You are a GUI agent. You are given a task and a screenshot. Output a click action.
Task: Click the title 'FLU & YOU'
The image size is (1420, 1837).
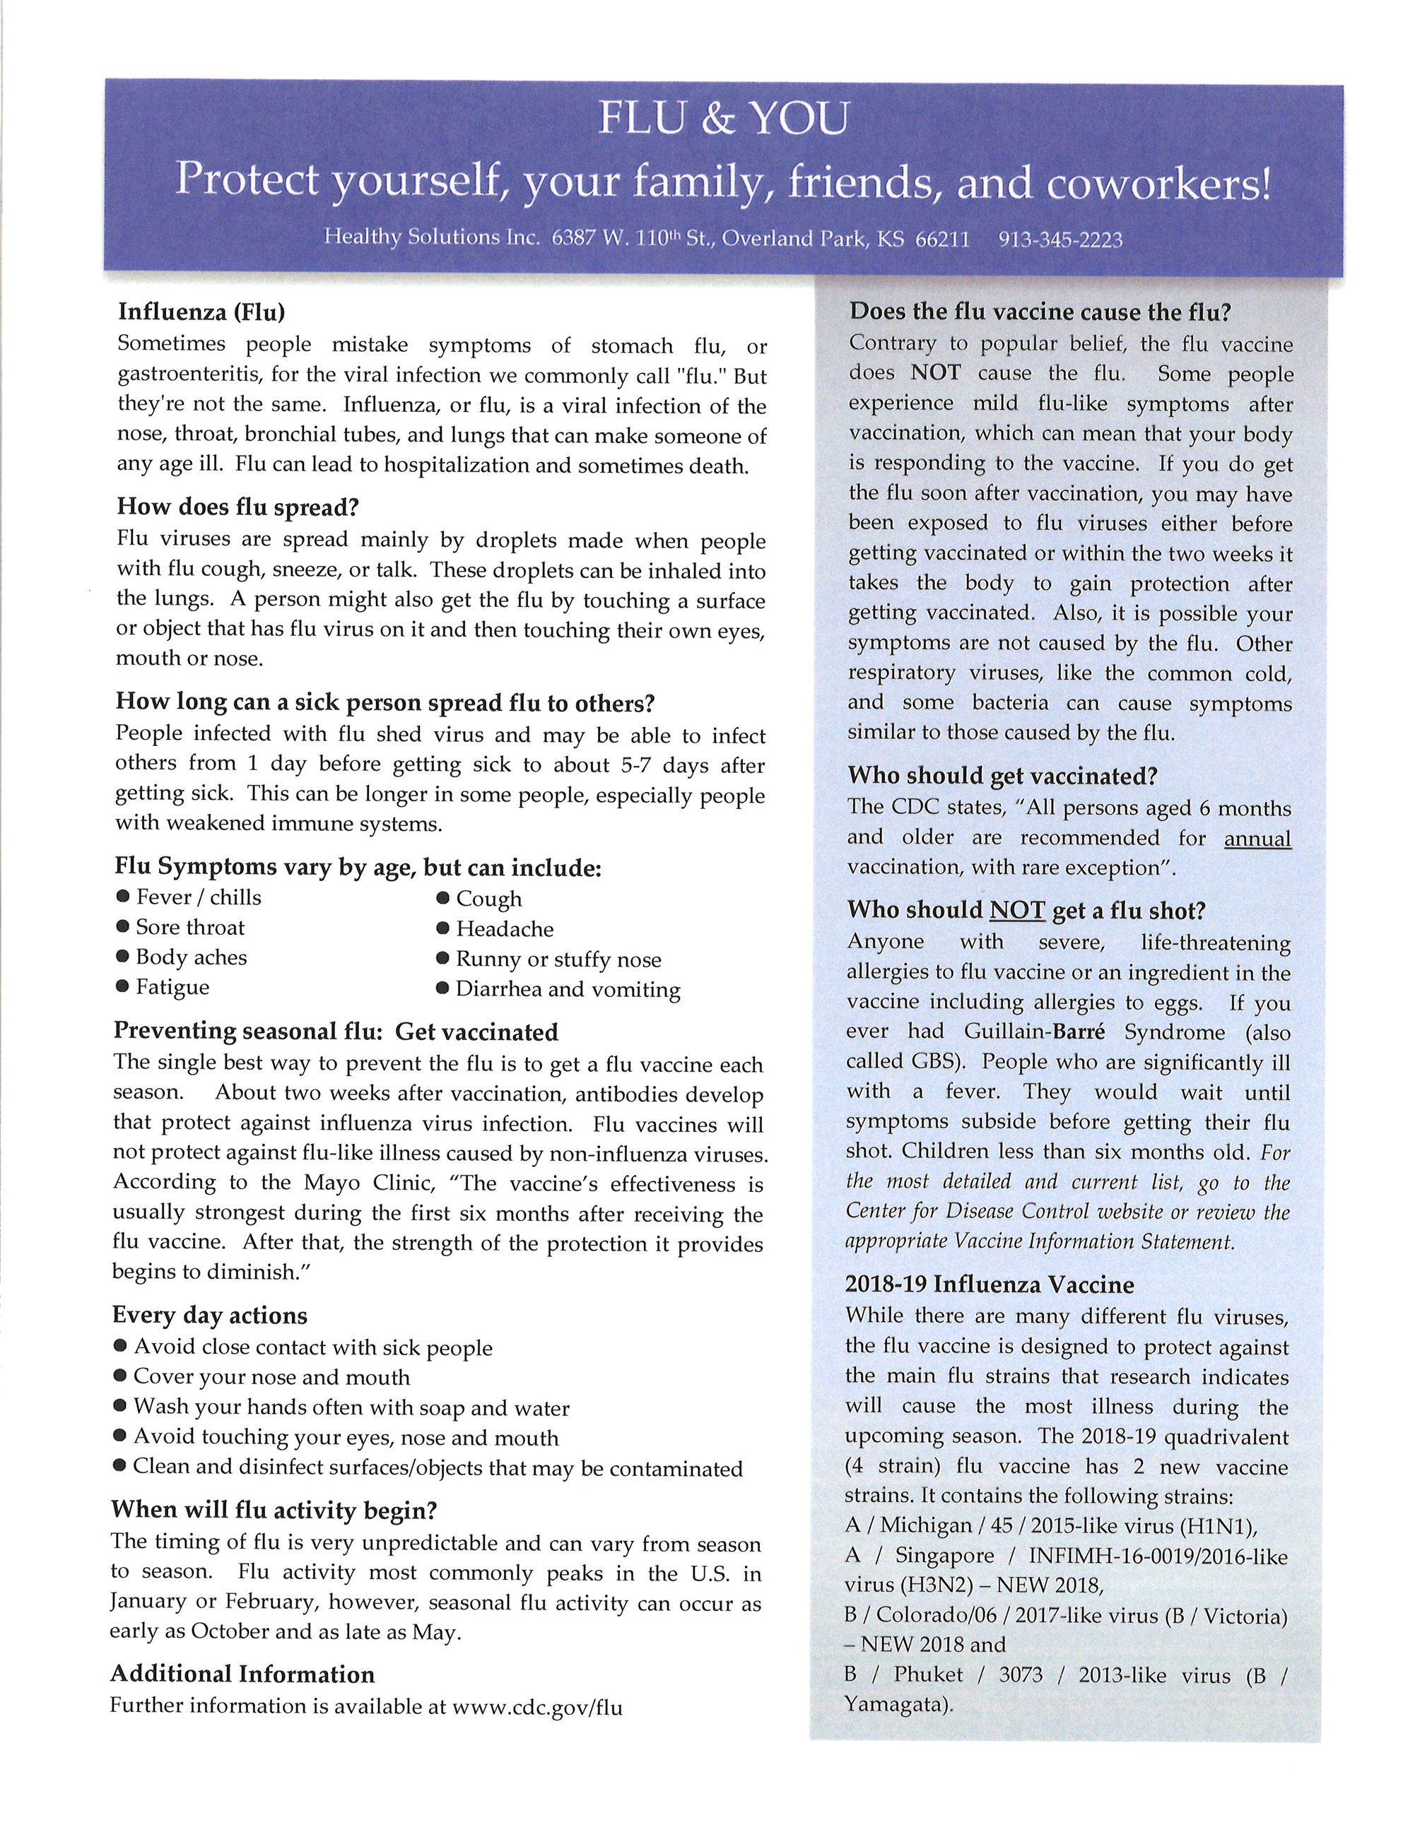point(722,119)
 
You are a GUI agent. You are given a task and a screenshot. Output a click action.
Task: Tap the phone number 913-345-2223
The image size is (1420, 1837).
point(1060,240)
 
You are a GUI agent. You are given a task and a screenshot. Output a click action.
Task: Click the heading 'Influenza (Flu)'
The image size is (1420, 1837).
point(201,312)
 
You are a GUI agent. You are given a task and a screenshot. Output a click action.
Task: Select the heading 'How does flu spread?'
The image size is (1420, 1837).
point(238,507)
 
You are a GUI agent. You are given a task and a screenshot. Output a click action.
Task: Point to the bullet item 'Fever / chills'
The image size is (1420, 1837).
point(199,897)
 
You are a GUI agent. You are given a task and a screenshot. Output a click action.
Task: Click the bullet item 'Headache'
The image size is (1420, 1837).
point(505,928)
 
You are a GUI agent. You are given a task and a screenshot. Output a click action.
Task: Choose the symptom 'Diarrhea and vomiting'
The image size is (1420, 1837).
point(568,989)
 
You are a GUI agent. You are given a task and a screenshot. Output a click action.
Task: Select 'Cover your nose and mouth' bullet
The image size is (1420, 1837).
point(271,1377)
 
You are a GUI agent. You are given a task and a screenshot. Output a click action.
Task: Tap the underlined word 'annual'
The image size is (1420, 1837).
point(1257,839)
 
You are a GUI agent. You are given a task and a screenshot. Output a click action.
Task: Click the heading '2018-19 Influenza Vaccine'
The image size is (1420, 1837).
point(990,1284)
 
